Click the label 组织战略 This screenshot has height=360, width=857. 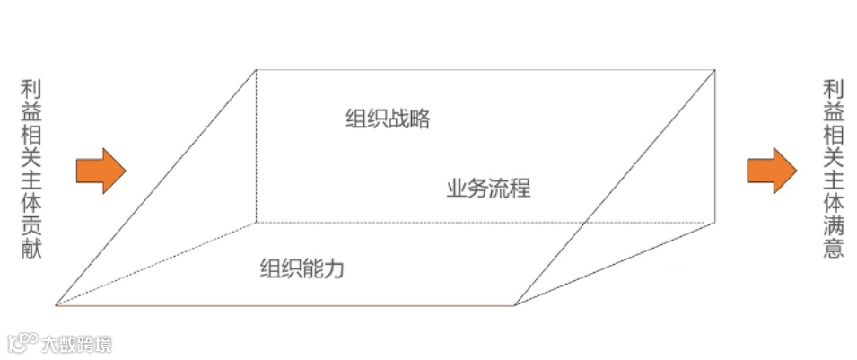click(388, 119)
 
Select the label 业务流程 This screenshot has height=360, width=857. click(488, 189)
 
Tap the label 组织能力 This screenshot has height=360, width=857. click(302, 268)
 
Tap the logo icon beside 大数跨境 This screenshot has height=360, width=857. click(23, 343)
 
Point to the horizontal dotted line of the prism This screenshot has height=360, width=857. click(485, 222)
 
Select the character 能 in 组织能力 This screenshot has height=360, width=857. click(312, 268)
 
